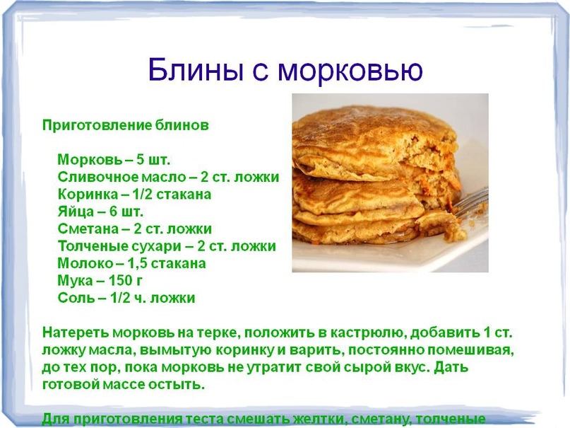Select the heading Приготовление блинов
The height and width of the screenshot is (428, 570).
126,125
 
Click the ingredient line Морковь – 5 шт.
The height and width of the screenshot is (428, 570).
114,159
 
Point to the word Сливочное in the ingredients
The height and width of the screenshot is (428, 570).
98,177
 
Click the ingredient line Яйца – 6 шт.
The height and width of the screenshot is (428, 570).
100,212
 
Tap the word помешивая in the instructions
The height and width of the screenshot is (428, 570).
470,350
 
